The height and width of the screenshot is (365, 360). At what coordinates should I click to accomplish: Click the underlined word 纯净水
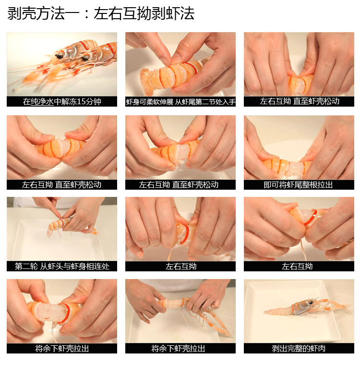tap(42, 102)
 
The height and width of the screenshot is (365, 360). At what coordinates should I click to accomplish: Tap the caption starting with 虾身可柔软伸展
tap(180, 102)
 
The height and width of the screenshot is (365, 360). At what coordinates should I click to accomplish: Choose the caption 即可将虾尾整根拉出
tap(299, 185)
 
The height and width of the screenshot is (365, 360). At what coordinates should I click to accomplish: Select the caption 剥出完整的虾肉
tap(299, 349)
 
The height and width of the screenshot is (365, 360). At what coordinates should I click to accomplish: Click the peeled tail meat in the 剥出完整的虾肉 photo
tap(278, 311)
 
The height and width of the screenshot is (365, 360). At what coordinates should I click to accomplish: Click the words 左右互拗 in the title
tap(116, 13)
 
